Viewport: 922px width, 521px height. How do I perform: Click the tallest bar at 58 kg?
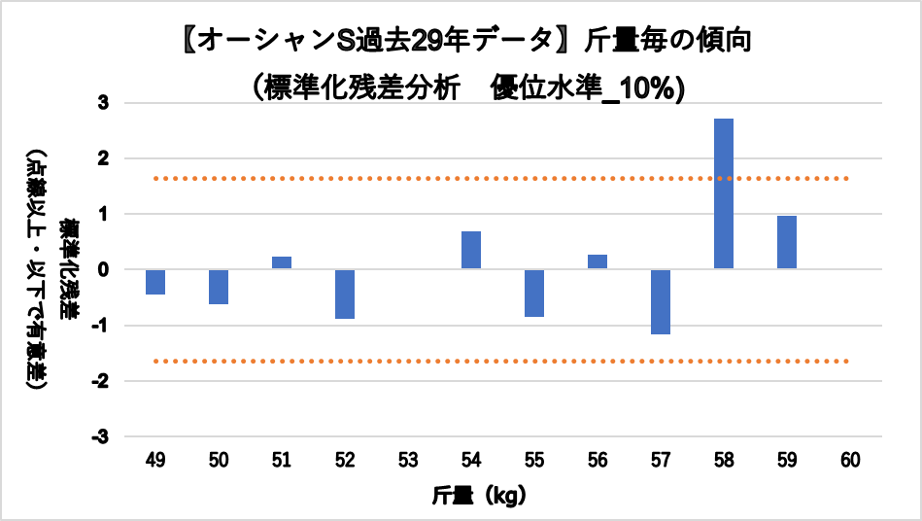[x=724, y=193]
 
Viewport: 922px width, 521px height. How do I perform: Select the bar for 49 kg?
[x=155, y=282]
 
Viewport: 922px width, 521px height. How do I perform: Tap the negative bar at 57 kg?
[x=661, y=301]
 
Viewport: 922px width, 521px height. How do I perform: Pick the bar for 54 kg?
[x=471, y=250]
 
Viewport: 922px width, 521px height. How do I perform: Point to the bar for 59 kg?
[x=787, y=242]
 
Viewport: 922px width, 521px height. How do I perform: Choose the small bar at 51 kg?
[x=282, y=262]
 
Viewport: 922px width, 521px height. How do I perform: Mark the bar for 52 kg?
[x=345, y=294]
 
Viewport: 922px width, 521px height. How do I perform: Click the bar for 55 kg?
[x=534, y=293]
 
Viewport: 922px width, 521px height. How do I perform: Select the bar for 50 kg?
[x=219, y=287]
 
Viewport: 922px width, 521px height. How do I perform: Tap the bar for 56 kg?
[x=598, y=261]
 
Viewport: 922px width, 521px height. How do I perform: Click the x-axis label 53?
[x=408, y=461]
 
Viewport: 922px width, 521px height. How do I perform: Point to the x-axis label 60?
[x=850, y=461]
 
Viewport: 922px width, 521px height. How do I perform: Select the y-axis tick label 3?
[x=104, y=102]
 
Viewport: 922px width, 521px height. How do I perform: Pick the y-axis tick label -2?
[x=101, y=381]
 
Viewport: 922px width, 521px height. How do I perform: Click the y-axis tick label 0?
[x=104, y=269]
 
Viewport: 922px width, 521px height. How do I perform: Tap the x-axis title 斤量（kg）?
[x=480, y=497]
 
